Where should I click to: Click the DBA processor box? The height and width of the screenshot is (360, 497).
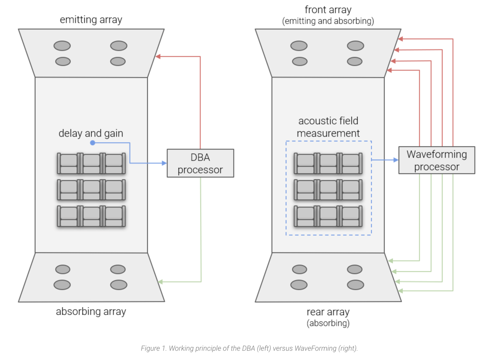[x=200, y=163]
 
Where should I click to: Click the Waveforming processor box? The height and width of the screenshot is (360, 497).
[x=436, y=160]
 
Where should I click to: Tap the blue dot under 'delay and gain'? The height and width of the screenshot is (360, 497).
[x=93, y=143]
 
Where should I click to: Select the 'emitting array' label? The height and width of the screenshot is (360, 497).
[x=91, y=20]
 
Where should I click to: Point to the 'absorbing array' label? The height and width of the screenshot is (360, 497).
[x=91, y=312]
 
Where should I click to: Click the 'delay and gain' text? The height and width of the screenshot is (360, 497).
[x=91, y=133]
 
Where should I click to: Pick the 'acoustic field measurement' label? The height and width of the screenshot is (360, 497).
[x=328, y=127]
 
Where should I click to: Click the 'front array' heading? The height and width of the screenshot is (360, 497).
[x=328, y=10]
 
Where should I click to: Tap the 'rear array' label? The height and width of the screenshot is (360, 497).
[x=328, y=312]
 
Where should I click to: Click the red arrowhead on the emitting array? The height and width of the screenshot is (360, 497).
[x=158, y=57]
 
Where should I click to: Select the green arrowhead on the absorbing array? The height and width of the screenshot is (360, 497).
[x=160, y=282]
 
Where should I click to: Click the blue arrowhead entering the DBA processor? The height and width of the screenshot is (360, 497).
[x=164, y=163]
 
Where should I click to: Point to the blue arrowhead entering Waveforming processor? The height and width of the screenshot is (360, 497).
[x=396, y=160]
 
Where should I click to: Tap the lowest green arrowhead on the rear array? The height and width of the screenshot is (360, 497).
[x=401, y=291]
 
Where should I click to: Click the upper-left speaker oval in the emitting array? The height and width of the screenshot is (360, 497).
[x=62, y=46]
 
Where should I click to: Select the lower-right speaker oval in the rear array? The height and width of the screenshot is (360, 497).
[x=355, y=285]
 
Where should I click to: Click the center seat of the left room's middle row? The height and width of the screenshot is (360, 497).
[x=91, y=190]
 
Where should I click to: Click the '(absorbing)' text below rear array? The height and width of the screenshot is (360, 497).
[x=328, y=323]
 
